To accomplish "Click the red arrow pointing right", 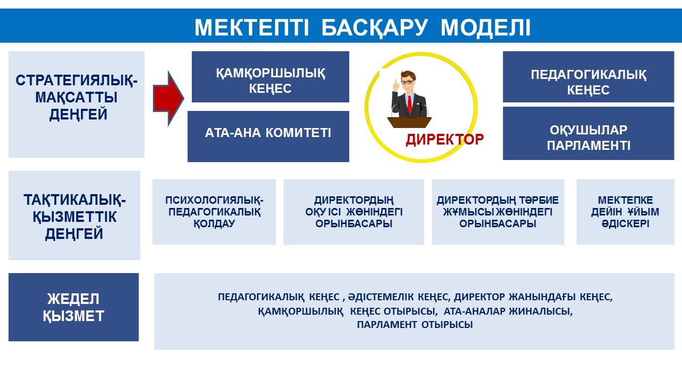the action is [168, 99].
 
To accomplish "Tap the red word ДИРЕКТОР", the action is [444, 140].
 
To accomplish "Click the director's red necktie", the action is [410, 105].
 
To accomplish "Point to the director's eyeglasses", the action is [407, 82].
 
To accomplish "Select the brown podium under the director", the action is [409, 123].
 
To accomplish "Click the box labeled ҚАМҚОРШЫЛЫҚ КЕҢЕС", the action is [270, 77].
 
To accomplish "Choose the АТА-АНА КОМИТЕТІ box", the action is [268, 136].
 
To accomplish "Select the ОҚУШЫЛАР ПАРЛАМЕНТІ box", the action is [589, 133].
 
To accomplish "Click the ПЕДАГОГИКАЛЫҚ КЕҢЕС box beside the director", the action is [589, 77].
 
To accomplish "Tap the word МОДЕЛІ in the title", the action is [485, 28].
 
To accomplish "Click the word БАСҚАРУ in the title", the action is [375, 28].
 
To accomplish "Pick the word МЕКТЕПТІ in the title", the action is [251, 28].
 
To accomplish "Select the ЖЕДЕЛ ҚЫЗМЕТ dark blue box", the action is [74, 307].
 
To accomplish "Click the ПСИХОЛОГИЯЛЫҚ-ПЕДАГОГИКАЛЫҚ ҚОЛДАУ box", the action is [214, 212].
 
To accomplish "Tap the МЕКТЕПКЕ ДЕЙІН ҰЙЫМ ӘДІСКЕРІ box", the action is [626, 212].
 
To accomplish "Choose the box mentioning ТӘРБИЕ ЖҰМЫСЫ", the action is [498, 212].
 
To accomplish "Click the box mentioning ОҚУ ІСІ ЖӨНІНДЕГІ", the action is [354, 212].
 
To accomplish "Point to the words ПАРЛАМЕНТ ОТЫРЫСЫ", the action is [415, 325].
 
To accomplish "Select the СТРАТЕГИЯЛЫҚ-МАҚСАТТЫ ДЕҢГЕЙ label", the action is [76, 98].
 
